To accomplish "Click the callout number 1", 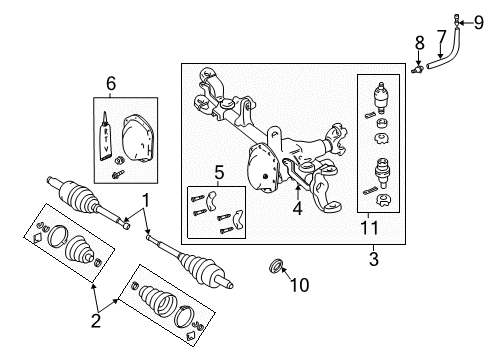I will coord(146,200).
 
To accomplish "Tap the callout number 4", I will coord(297,209).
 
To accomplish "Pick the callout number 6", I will coord(112,83).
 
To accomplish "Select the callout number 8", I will coord(420,43).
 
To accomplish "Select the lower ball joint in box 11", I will coord(380,171).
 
